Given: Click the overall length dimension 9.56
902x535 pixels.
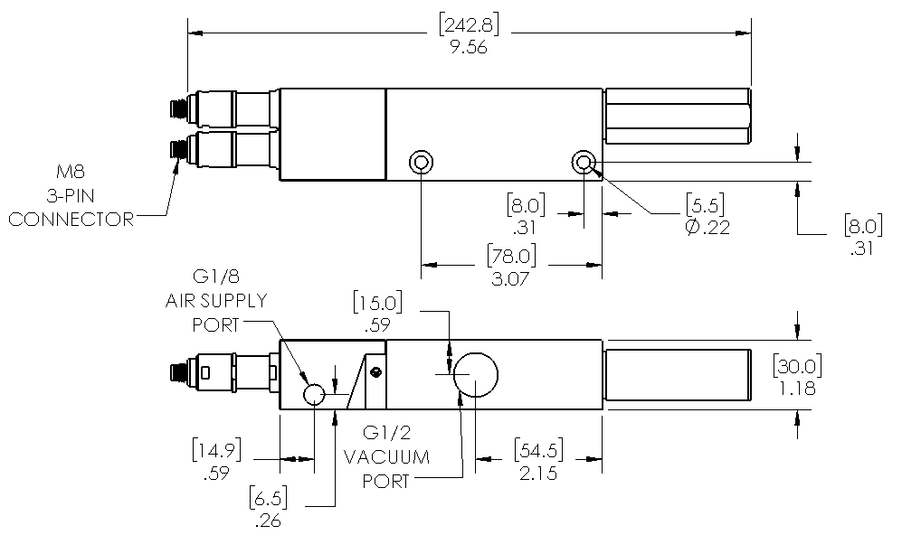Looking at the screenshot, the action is [469, 47].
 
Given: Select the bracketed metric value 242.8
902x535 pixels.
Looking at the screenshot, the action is [469, 24].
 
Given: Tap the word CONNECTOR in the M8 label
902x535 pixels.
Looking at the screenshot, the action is [71, 220].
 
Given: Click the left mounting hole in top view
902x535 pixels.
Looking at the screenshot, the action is [421, 162].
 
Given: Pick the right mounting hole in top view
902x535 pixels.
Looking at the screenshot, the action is [584, 162].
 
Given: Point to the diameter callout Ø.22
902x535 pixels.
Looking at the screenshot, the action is [707, 228].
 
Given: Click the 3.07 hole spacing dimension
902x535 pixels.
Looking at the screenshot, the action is [510, 279].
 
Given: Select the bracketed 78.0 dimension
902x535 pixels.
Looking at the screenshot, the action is [511, 257].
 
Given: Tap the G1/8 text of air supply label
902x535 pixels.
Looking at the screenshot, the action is [215, 277].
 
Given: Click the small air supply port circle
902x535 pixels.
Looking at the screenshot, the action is [314, 394].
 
